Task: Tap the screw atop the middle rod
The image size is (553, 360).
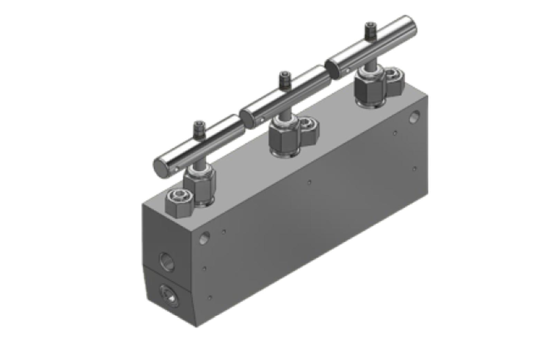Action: (x=284, y=79)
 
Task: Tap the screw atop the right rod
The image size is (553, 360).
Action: (x=371, y=30)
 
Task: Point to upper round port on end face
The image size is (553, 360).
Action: (x=167, y=261)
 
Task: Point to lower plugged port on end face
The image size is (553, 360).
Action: (x=169, y=295)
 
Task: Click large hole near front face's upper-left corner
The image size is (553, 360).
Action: (x=204, y=238)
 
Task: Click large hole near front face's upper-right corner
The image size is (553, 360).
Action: (x=414, y=117)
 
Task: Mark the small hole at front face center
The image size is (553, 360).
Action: (x=309, y=182)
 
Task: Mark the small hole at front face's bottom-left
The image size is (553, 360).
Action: (x=210, y=297)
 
